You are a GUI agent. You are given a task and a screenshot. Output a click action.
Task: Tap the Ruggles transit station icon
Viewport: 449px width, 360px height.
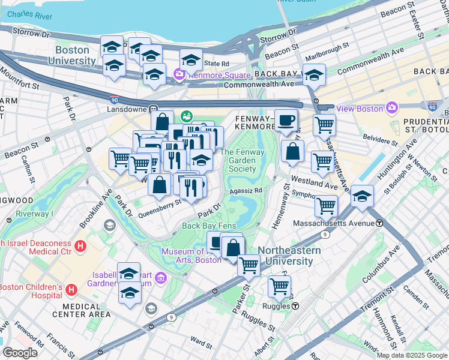295,306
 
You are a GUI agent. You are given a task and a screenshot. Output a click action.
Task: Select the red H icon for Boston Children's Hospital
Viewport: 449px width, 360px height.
71,290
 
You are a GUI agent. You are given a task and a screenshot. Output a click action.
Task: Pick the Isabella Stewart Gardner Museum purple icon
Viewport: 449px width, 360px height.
160,278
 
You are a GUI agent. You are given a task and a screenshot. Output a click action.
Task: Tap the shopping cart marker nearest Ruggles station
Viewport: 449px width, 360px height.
279,287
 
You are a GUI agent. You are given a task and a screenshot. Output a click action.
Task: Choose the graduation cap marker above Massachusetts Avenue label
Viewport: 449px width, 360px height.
362,196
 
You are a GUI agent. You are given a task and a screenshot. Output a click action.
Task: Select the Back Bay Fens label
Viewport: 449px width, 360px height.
209,226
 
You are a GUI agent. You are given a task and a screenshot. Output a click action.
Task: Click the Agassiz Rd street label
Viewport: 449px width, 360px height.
247,191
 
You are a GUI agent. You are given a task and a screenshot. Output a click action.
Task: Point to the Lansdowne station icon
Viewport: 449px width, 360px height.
154,109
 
